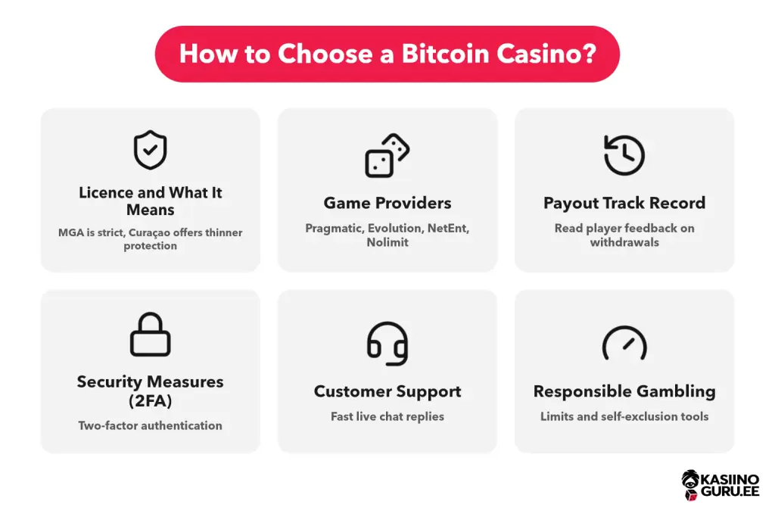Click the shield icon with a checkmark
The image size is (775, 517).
point(151,150)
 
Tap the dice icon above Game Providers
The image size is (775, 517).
point(387,155)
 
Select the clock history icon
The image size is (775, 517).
point(624,154)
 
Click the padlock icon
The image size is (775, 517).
point(151,334)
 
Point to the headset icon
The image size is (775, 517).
point(387,344)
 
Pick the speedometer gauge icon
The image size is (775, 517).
point(624,343)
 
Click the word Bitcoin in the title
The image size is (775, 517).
point(445,54)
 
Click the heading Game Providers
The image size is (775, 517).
point(387,203)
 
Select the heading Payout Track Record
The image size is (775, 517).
point(624,203)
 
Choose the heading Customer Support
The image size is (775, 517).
point(387,391)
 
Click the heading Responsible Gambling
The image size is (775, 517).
point(624,391)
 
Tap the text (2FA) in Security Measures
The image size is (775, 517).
point(151,400)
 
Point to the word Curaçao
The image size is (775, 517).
point(149,233)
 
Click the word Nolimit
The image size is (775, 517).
point(387,242)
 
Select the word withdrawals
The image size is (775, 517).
point(624,242)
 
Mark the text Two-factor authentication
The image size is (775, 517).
point(151,425)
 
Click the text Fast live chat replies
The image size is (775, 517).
point(387,416)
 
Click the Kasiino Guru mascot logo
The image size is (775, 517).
point(690,485)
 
